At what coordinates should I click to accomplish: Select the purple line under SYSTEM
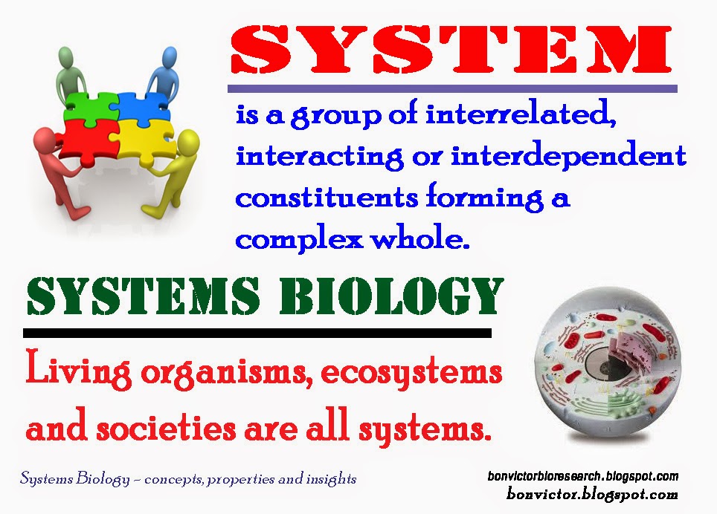pos(454,88)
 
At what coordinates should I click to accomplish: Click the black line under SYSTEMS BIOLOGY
pos(257,332)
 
